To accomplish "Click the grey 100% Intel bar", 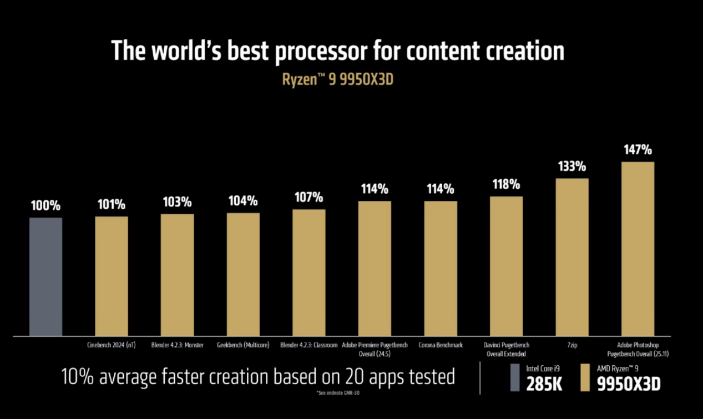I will tap(45, 276).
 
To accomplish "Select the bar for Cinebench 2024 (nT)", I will tap(112, 276).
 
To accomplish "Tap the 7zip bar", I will tap(571, 256).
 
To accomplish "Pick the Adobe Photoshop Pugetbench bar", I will tap(638, 249).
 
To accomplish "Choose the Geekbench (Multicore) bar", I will tap(243, 274).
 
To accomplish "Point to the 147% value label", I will tap(638, 150).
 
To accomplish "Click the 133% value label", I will tap(571, 166).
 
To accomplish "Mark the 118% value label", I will tap(506, 184).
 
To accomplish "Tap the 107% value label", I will tap(309, 197).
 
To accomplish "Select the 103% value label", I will tap(178, 202).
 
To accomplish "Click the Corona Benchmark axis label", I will tap(441, 345).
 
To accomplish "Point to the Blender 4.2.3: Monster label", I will tap(178, 345).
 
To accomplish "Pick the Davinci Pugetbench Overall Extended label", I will tap(506, 349).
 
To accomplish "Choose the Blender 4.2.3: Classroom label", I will tap(309, 345).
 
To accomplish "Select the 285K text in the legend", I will tap(544, 383).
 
